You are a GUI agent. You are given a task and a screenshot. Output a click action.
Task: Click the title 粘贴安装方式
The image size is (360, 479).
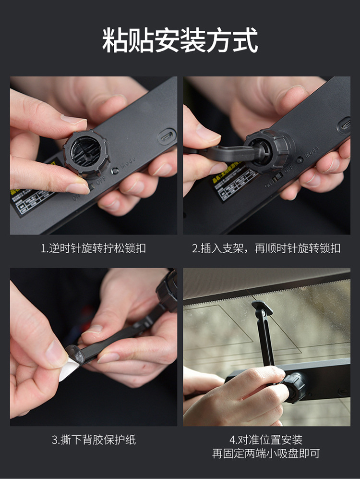[x=180, y=40]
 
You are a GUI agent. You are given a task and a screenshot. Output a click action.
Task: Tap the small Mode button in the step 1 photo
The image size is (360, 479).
[x=115, y=171]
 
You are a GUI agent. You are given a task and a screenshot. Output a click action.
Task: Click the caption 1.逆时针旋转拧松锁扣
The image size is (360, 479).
[x=93, y=248]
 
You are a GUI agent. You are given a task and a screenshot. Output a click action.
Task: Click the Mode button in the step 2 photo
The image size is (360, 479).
[x=300, y=160]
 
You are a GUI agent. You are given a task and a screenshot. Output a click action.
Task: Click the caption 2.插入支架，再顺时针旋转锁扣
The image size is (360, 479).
[x=266, y=248]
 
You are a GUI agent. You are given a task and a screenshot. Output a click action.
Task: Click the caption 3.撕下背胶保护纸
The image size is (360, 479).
[x=94, y=440]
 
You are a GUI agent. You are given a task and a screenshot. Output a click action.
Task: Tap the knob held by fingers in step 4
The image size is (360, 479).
[x=294, y=387]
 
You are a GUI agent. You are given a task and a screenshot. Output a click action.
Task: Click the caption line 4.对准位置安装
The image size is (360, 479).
[x=266, y=440]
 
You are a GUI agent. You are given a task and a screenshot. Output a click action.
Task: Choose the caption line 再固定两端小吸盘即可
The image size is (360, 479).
[x=266, y=454]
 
